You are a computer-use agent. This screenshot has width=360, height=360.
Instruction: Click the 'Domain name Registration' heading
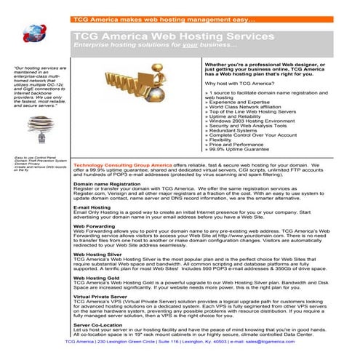107,184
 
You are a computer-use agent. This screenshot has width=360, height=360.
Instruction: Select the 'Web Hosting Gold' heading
98,279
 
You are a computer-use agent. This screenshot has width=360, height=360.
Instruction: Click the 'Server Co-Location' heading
98,324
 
